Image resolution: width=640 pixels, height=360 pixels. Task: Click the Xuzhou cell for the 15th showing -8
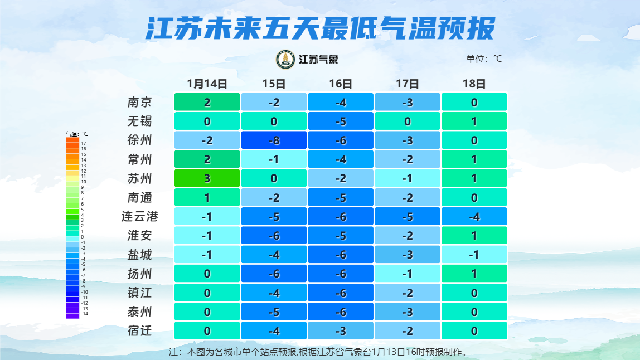(x=274, y=140)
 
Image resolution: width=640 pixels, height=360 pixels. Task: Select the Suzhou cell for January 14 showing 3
(x=207, y=178)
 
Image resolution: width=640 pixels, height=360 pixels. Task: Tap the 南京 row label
(x=139, y=102)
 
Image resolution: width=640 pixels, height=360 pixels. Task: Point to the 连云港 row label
(x=139, y=216)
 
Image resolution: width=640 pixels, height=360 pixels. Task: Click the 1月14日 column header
(x=207, y=84)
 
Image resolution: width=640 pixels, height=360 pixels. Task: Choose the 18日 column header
(x=474, y=84)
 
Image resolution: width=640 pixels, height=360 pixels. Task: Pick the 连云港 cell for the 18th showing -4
(x=474, y=216)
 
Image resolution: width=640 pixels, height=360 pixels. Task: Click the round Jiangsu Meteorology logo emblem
(x=286, y=60)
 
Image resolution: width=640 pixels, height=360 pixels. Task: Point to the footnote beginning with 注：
(x=317, y=352)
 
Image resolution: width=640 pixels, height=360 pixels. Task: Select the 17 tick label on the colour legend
(x=84, y=143)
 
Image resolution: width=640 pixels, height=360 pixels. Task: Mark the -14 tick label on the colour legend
(x=84, y=314)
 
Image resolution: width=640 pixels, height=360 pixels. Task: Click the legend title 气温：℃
(x=77, y=134)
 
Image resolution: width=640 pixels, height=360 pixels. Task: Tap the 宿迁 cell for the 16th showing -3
(x=341, y=330)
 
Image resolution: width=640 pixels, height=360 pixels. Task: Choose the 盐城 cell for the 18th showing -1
(x=474, y=255)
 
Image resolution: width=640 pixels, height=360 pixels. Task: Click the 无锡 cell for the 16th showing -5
(x=341, y=121)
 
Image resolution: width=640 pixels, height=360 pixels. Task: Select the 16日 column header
(x=341, y=84)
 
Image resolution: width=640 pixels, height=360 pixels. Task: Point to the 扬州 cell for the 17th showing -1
(x=408, y=274)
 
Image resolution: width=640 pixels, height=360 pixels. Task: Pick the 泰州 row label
(x=139, y=312)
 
